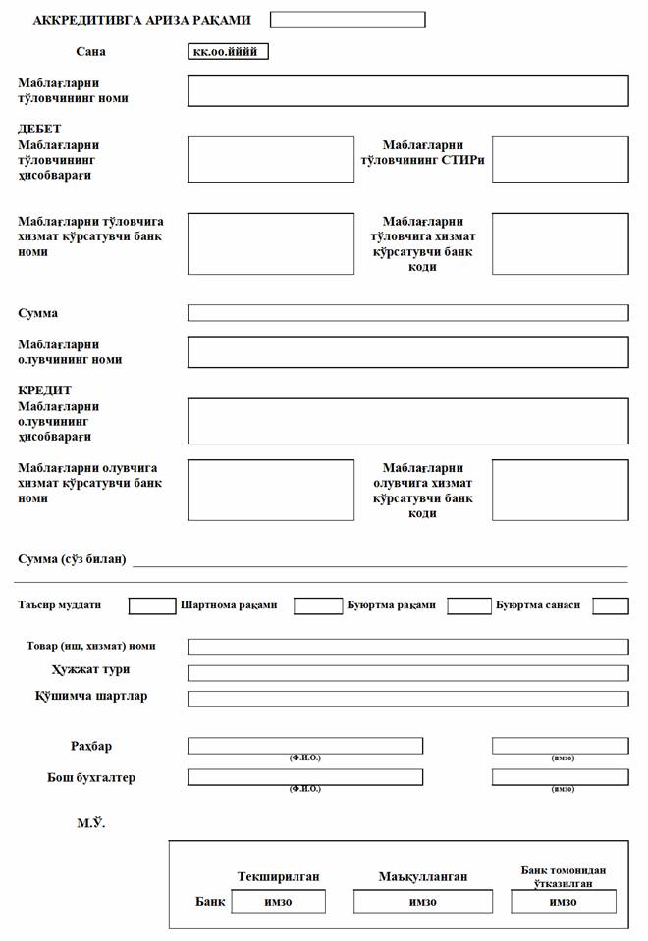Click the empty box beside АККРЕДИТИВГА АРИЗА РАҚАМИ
pos(348,20)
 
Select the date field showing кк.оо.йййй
pos(226,52)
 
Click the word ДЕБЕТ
pos(39,130)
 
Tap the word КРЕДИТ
pos(45,391)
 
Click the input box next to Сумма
pos(407,313)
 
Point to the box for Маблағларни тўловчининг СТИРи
pos(560,159)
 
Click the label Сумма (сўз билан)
pos(73,559)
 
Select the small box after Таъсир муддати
pos(152,605)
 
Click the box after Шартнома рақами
pos(317,605)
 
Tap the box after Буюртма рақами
pos(469,605)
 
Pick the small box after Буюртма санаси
pos(610,605)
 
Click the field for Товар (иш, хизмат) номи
pos(407,648)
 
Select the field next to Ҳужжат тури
pos(407,673)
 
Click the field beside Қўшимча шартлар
pos(407,699)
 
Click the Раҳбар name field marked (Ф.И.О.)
pos(305,746)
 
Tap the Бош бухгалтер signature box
pos(560,777)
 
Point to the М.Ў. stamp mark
pos(91,822)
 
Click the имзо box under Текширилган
pos(278,902)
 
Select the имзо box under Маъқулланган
pos(422,902)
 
